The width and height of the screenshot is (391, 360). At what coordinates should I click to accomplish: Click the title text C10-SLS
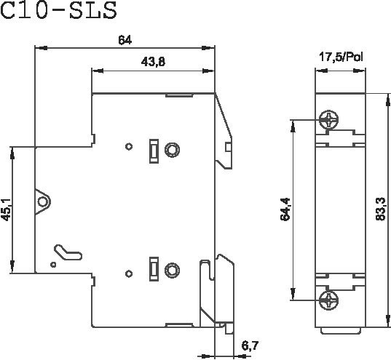(58, 10)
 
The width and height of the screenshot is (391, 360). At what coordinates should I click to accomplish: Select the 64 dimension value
(125, 40)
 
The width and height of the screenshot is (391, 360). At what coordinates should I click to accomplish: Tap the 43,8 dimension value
(153, 62)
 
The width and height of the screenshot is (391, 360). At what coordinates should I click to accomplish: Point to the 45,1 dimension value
(7, 209)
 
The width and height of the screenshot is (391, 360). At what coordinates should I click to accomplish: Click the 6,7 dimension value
(250, 345)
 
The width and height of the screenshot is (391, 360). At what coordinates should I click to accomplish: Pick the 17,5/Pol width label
(341, 57)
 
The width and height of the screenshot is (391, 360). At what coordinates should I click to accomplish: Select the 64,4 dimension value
(285, 209)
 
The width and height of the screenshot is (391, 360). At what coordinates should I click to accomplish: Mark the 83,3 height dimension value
(381, 209)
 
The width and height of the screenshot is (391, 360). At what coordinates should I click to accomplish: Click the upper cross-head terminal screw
(329, 119)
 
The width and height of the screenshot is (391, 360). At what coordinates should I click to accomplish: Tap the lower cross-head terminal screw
(329, 300)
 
